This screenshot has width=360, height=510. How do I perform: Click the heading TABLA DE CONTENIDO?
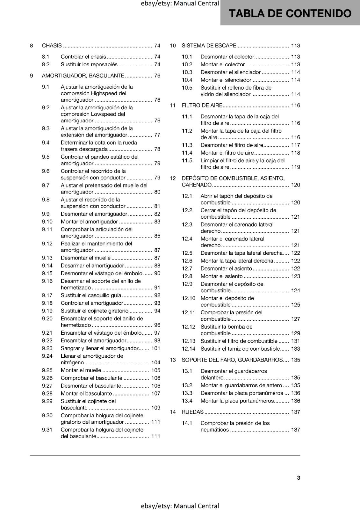[290, 13]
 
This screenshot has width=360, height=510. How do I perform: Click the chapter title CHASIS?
[52, 46]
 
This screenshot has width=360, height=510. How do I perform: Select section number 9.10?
[47, 222]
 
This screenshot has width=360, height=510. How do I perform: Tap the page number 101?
[156, 348]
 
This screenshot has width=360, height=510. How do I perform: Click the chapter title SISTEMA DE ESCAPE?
[209, 46]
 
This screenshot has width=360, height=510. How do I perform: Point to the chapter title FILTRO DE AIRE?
[202, 106]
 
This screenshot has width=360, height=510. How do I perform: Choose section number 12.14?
[189, 349]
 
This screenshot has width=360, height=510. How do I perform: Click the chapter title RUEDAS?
[192, 412]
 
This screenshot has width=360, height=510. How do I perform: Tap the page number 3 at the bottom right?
[299, 477]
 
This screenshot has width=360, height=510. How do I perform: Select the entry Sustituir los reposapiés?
[89, 64]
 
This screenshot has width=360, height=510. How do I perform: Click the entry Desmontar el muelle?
[86, 258]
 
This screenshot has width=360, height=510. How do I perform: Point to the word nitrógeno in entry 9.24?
[72, 362]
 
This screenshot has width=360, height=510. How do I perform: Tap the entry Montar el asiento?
[221, 276]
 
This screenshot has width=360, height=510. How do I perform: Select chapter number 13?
[173, 360]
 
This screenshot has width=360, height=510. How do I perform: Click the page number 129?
[296, 333]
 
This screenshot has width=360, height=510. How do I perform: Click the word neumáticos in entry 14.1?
[215, 430]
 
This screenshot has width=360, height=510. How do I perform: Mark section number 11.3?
[187, 145]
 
